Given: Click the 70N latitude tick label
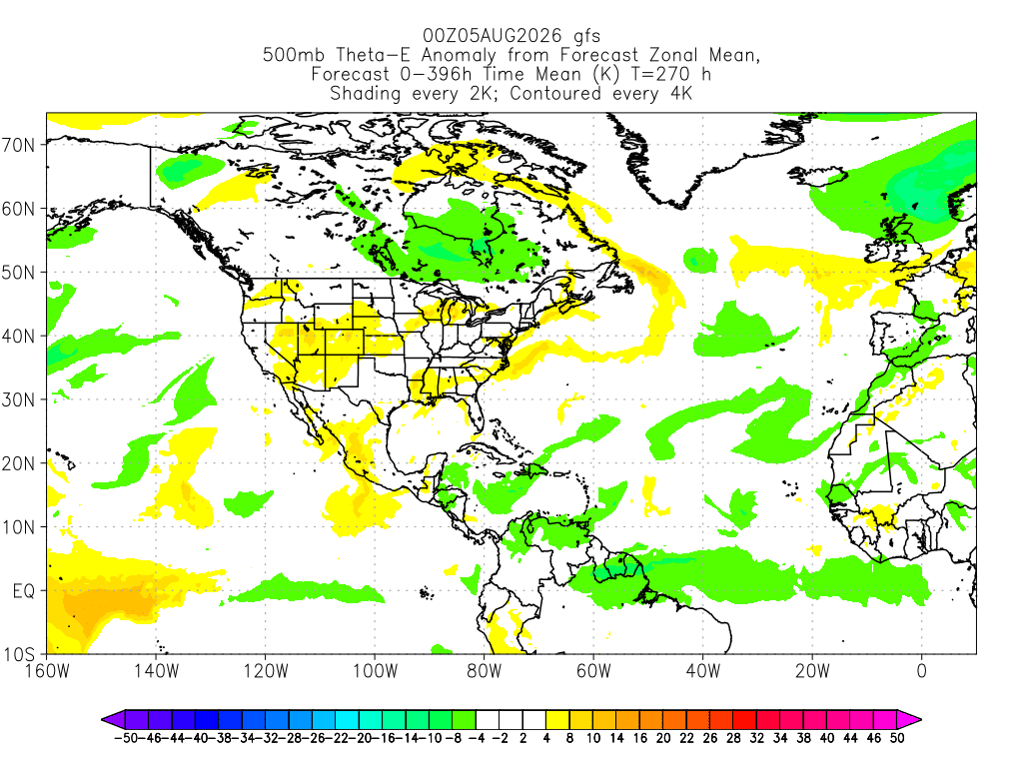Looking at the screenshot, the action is pos(18,145).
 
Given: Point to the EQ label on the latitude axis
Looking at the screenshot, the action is pos(24,591).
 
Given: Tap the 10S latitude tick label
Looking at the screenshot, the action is pos(18,654).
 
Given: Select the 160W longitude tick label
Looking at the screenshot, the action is pos(47,670).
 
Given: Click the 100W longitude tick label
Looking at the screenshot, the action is pos(376,670).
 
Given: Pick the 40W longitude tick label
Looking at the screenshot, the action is pos(703,670).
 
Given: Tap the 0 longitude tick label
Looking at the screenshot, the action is pos(922,670).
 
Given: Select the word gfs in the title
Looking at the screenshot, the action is pos(586,37).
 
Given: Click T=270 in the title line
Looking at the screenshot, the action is pos(659,74).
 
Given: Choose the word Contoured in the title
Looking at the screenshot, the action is pos(555,93).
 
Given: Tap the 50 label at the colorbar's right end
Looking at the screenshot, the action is pos(898,738).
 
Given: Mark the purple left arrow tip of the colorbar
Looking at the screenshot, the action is pos(103,720).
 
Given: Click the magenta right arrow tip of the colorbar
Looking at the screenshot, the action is pos(920,720).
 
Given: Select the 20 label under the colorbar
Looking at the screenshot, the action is pos(663,738).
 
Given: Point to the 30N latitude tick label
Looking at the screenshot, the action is pos(18,399).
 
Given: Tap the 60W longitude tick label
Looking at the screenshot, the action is pos(593,670).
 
